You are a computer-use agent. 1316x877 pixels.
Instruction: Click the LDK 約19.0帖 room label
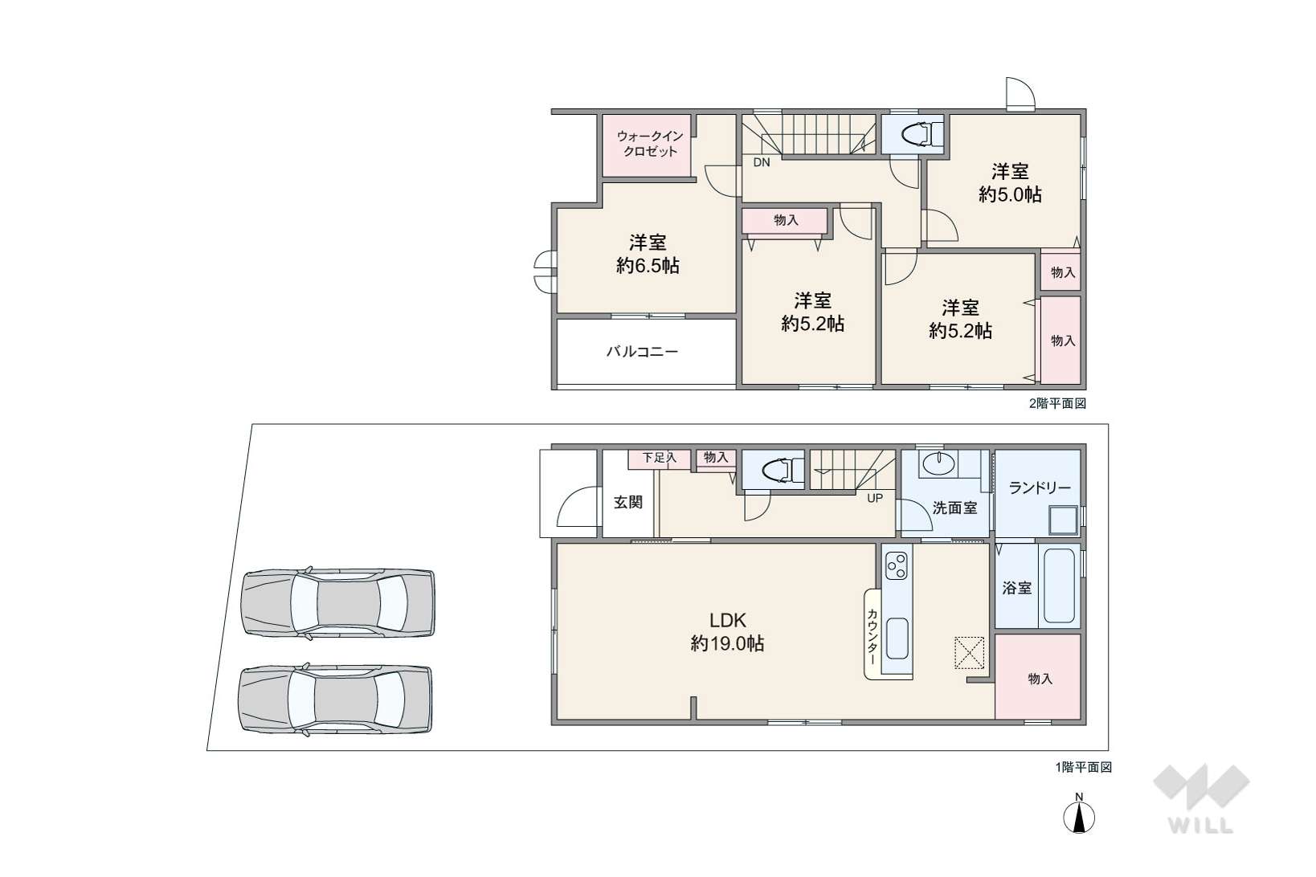tap(727, 631)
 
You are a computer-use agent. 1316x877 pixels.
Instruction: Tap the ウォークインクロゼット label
tap(650, 143)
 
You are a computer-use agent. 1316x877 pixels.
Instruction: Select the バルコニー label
tap(642, 351)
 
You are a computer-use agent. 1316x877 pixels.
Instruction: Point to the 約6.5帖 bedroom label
tap(648, 254)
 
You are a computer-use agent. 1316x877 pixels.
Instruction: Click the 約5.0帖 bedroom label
tap(1010, 182)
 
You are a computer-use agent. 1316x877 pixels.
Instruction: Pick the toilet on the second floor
tap(913, 134)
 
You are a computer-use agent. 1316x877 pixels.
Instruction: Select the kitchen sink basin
tap(897, 638)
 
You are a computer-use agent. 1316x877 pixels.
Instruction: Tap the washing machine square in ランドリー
tap(1064, 520)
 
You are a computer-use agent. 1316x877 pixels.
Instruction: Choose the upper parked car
tap(339, 602)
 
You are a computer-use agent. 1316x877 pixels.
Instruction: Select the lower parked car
tap(336, 699)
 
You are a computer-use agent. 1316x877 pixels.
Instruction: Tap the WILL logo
tap(1201, 798)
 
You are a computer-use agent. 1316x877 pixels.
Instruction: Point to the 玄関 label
tap(628, 502)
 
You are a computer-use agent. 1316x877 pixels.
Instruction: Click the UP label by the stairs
tap(875, 498)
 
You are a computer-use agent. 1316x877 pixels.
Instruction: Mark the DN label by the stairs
tap(762, 162)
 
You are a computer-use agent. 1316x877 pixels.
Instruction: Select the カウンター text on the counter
tap(873, 635)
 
